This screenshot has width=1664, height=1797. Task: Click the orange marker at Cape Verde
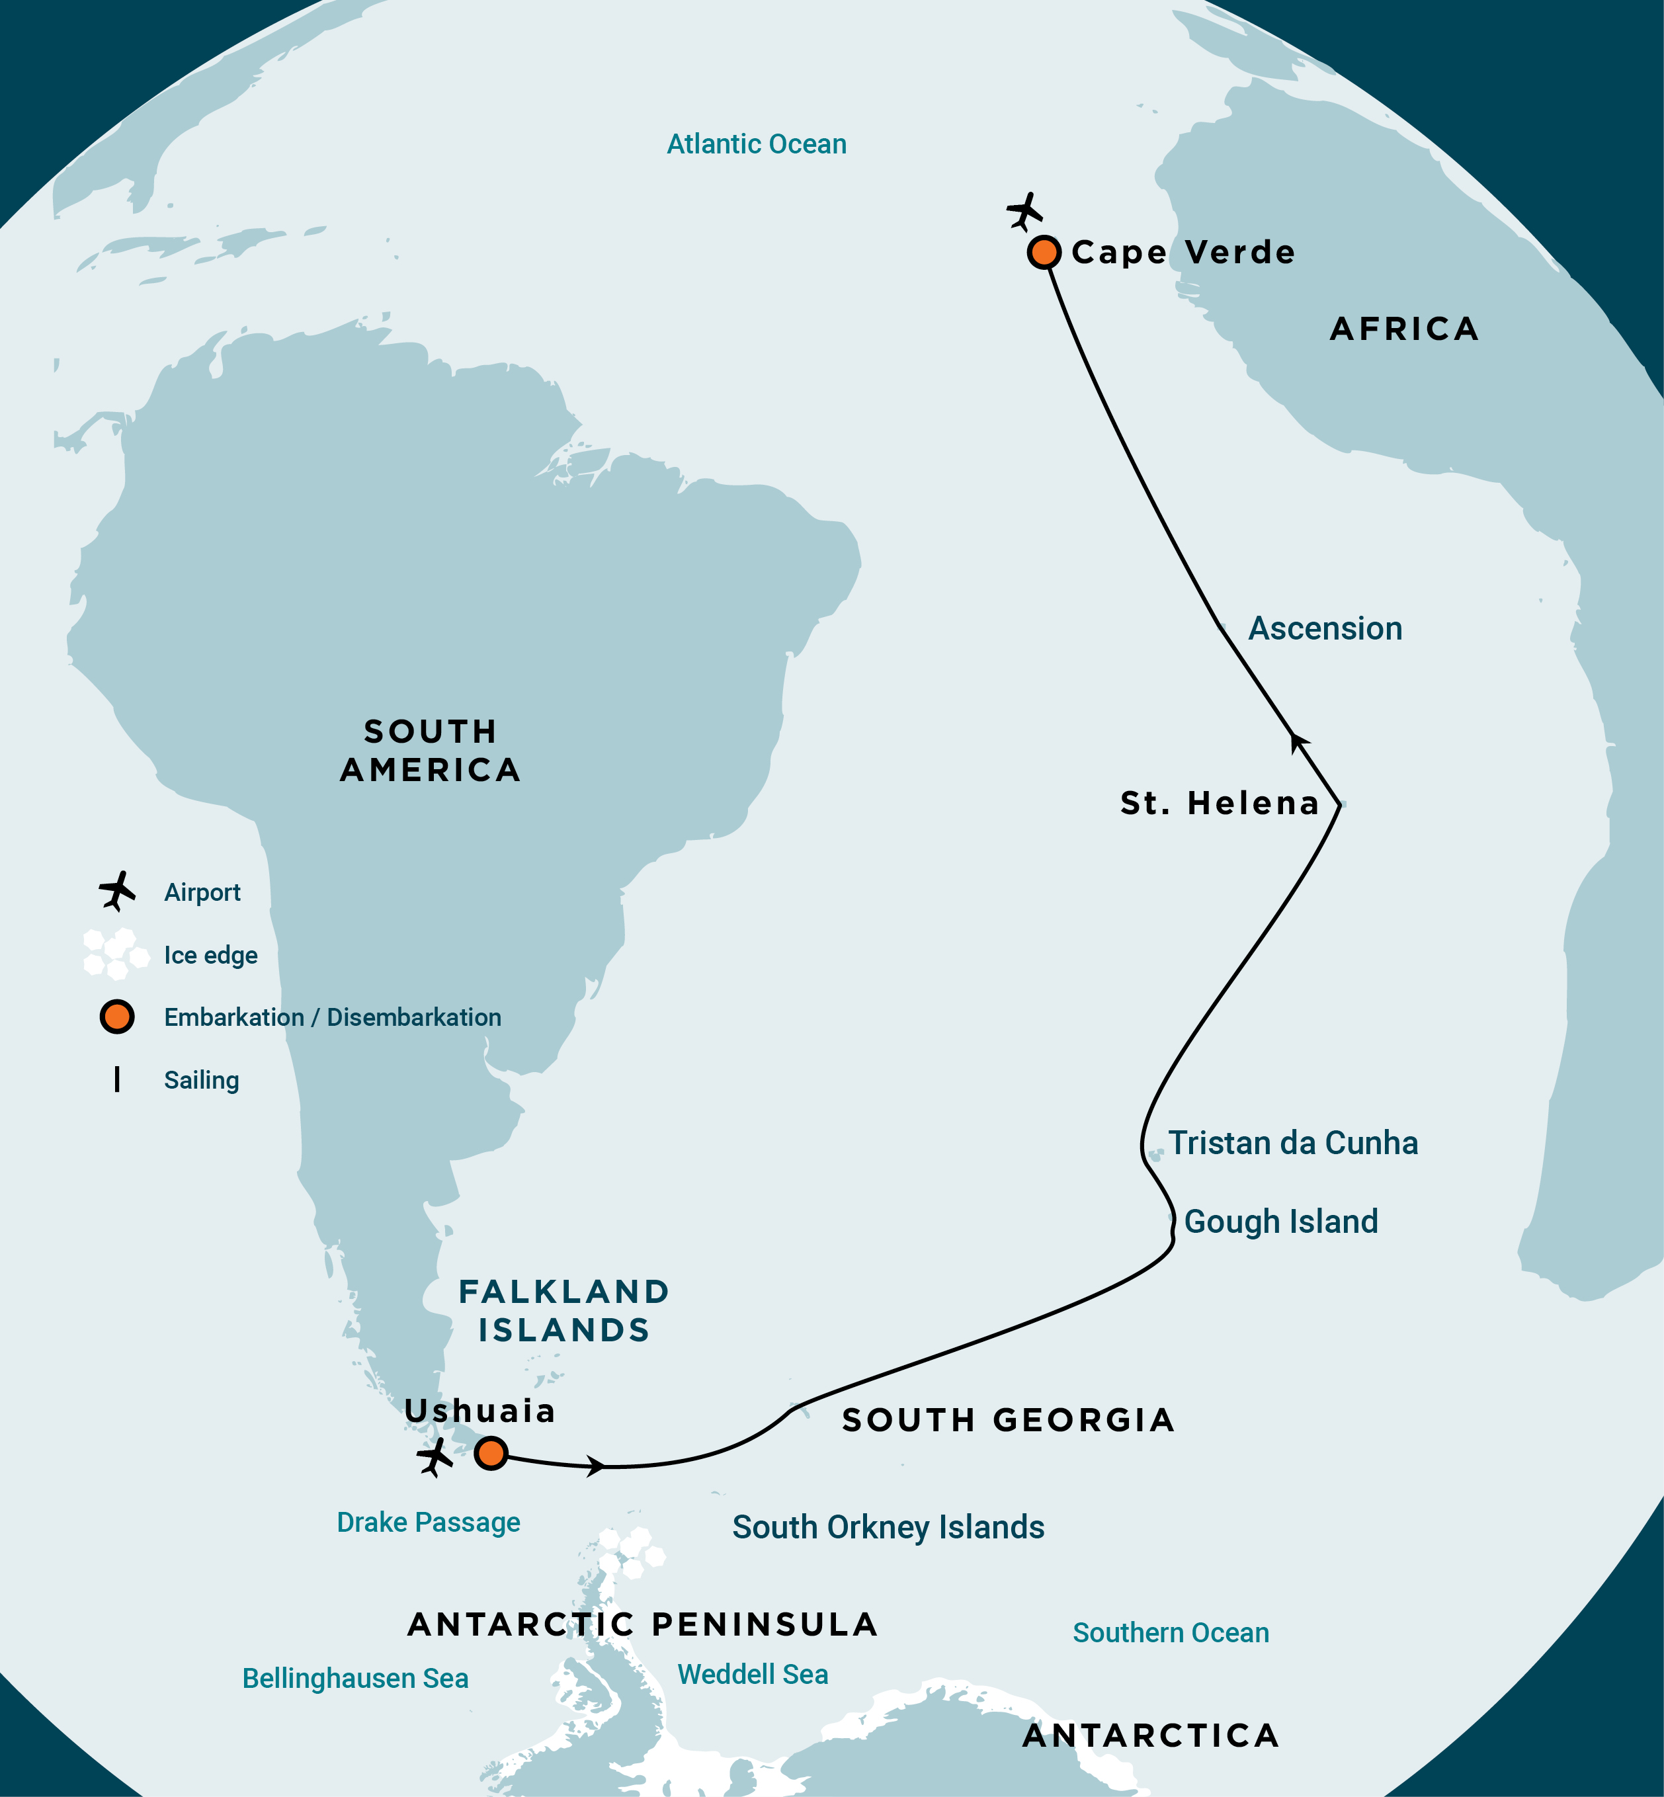1044,252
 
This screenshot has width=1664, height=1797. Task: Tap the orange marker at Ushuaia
491,1453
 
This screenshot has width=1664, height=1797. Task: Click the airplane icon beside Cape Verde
1024,212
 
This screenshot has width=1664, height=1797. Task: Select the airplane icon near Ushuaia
435,1456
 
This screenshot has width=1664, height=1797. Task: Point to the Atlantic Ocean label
757,144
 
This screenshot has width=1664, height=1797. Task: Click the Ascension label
1325,628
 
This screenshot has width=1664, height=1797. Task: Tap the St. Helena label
1219,802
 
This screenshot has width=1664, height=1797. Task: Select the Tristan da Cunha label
1293,1142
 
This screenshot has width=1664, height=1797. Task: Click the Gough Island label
1280,1222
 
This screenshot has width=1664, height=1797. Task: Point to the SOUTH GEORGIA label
1007,1420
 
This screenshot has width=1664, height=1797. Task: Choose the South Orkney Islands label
888,1527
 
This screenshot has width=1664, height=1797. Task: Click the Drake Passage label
429,1523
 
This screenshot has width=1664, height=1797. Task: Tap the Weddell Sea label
753,1674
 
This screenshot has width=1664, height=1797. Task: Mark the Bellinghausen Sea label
356,1678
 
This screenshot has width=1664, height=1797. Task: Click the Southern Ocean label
1171,1632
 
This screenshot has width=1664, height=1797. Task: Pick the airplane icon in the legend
117,892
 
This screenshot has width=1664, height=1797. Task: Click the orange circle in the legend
117,1017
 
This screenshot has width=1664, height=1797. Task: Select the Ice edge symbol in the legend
115,954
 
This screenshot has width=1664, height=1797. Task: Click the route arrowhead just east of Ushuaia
595,1466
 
